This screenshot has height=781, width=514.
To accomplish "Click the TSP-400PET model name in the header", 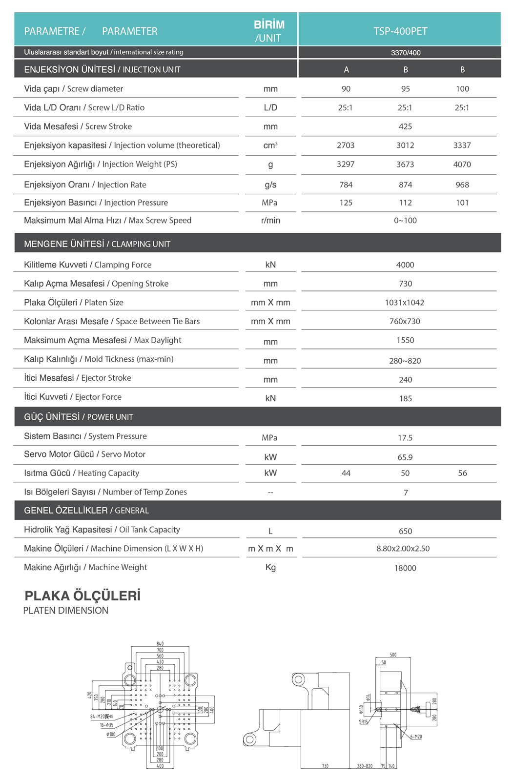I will [400, 31].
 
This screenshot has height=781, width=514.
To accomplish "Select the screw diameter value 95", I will [405, 89].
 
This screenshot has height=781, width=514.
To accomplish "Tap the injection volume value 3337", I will [462, 145].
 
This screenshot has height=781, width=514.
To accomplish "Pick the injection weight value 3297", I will [346, 164].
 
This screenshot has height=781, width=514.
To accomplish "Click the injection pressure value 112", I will [405, 203].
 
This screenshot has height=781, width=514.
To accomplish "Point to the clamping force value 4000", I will [405, 265].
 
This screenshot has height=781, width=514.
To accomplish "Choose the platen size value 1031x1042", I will [405, 303].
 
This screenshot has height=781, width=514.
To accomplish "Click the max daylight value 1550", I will [405, 340].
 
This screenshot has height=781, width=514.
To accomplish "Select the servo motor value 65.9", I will [405, 457].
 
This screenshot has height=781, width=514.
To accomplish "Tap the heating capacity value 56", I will [462, 473].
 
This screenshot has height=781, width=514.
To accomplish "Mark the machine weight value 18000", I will [405, 568].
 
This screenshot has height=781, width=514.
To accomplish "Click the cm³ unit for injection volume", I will [270, 145].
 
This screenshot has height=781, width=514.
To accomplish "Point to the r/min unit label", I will [270, 221].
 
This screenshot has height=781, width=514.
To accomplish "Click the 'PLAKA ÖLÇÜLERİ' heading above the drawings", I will [82, 596].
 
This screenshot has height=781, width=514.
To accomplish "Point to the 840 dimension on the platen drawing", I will [160, 644].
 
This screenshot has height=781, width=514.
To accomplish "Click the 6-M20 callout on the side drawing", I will [416, 737].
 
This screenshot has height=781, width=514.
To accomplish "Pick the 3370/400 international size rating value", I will [406, 53].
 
